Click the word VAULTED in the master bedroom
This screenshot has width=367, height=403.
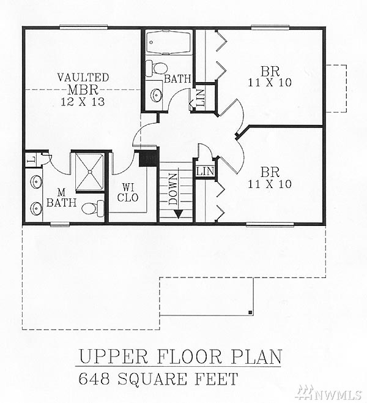pyautogui.click(x=83, y=78)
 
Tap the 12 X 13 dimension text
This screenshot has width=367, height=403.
pyautogui.click(x=83, y=102)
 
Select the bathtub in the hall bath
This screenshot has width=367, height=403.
pyautogui.click(x=168, y=42)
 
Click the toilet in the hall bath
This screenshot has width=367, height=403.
pyautogui.click(x=157, y=68)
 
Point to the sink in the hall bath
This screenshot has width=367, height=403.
pyautogui.click(x=156, y=95)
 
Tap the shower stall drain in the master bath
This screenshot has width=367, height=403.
pyautogui.click(x=90, y=171)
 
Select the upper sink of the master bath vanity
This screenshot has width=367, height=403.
pyautogui.click(x=36, y=182)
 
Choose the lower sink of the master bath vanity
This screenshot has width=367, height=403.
pyautogui.click(x=36, y=208)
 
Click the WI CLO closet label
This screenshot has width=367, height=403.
pyautogui.click(x=128, y=192)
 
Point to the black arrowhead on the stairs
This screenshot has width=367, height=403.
pyautogui.click(x=179, y=214)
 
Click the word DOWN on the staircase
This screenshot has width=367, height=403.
pyautogui.click(x=173, y=189)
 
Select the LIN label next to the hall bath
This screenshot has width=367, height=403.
pyautogui.click(x=201, y=98)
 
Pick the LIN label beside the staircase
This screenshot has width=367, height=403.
pyautogui.click(x=206, y=171)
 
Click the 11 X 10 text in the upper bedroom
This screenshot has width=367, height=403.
pyautogui.click(x=270, y=83)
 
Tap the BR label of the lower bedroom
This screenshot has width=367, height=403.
pyautogui.click(x=270, y=172)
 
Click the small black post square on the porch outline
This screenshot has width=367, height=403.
pyautogui.click(x=251, y=312)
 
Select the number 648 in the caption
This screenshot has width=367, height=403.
pyautogui.click(x=94, y=379)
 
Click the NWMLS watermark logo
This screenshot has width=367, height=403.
pyautogui.click(x=329, y=393)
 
